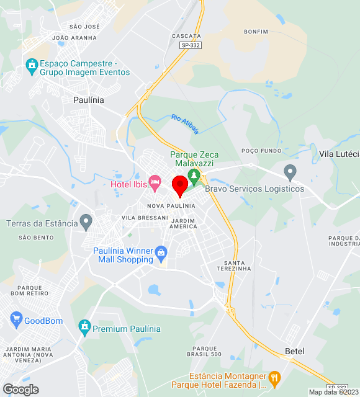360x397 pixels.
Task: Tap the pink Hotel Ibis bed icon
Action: pos(155,182)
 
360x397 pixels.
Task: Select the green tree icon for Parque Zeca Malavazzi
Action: pos(194,176)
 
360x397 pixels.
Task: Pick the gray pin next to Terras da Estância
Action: pos(86,221)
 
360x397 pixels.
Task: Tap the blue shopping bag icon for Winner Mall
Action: pos(161,252)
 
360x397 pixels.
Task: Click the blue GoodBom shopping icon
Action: pos(16,321)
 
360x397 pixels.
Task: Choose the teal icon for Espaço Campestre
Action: pos(31,65)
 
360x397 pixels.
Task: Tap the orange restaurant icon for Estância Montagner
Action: pos(274,378)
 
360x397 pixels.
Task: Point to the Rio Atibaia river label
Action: pos(185,124)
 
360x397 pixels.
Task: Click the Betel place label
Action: pos(295,351)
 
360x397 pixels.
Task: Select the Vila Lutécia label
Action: pos(339,153)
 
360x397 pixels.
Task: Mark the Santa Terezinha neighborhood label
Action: pos(233,265)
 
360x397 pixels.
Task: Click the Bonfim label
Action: pos(256,31)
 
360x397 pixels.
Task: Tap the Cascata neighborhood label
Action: pos(186,36)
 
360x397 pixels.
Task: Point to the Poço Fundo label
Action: pos(261,151)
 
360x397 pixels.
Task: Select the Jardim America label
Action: pos(183,223)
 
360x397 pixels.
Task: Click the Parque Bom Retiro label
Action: pos(30,290)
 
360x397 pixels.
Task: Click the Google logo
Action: pos(20,390)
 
